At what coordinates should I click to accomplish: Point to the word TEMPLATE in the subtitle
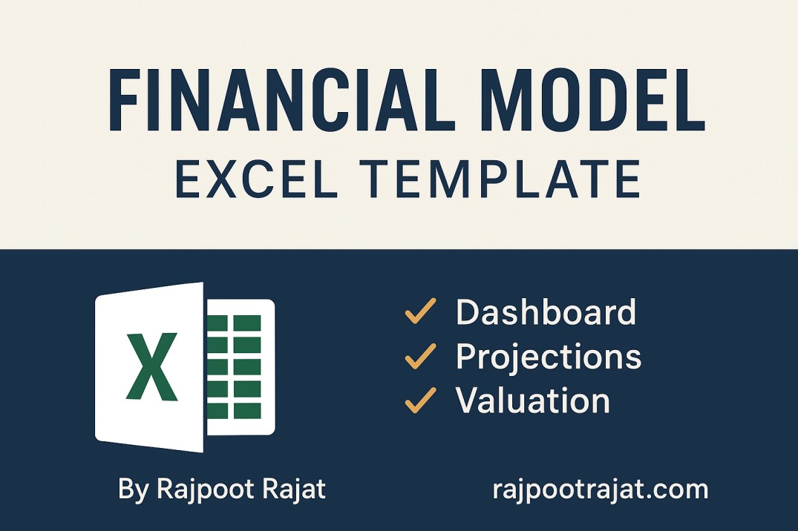[506, 180]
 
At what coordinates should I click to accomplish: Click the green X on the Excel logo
[151, 367]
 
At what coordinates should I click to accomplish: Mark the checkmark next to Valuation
[420, 401]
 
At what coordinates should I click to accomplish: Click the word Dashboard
[546, 312]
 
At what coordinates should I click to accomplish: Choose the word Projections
[549, 357]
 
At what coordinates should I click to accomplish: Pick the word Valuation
[532, 401]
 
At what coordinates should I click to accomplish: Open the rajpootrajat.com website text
[600, 489]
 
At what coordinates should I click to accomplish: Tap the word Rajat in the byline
[298, 489]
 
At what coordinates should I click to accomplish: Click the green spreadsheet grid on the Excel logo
[234, 366]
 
